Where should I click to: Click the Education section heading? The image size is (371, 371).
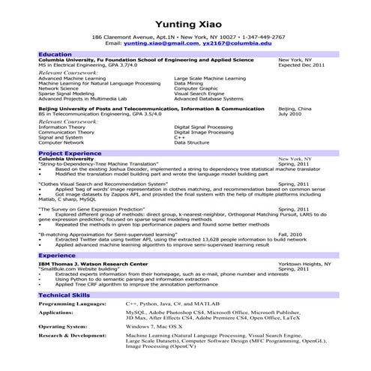55,55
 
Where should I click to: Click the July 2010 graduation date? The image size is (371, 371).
290,113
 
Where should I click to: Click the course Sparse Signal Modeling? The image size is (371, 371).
72,93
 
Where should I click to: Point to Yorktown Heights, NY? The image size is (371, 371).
305,265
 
